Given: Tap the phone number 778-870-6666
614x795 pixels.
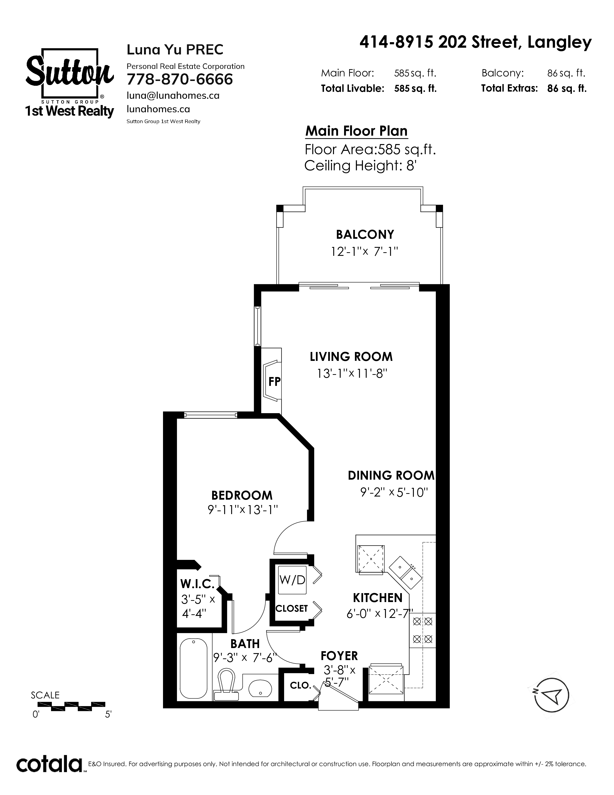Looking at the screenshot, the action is point(180,79).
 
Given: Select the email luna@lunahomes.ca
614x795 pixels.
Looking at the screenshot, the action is point(173,95).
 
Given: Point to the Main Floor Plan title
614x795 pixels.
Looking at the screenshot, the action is point(356,131).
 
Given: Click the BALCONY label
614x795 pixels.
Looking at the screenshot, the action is point(365,234).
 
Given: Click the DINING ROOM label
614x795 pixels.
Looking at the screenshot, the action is point(391,475).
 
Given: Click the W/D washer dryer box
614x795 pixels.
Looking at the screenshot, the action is point(292,580).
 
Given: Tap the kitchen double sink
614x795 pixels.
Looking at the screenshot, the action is point(405,571).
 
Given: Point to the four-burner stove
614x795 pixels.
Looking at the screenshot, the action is point(422,630).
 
